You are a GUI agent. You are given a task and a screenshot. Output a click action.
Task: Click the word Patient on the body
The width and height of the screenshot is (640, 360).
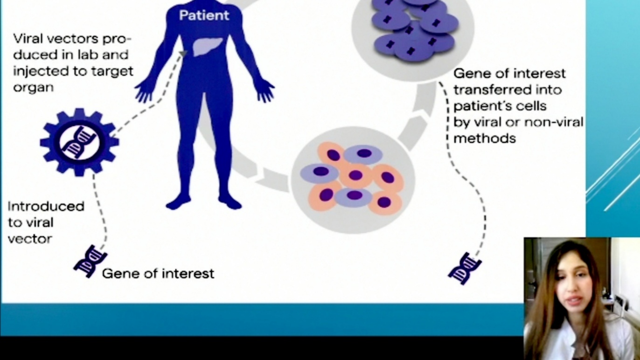pos(204,15)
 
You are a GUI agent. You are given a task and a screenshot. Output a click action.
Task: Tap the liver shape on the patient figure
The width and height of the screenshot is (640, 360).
pos(207,47)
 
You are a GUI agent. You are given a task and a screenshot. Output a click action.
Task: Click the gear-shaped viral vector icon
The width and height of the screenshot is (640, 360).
pos(79,142)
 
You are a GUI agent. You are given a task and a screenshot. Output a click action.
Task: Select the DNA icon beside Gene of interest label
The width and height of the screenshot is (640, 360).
pos(90,261)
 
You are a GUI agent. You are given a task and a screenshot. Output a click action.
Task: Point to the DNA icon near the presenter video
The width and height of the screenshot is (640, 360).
pos(465,268)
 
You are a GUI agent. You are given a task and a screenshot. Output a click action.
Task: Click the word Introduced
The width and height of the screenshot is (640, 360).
pos(46,206)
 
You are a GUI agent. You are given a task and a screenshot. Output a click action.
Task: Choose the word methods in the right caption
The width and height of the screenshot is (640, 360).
pos(485,138)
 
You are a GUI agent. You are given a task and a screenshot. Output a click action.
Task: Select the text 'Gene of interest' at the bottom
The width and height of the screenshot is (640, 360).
pos(158,273)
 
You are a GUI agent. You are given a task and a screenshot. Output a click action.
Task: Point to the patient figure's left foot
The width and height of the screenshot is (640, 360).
pos(178,202)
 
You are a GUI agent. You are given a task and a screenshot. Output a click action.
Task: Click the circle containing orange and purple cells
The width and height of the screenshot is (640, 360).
pos(353,180)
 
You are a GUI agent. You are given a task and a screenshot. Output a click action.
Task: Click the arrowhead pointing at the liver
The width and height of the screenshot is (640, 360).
pos(183,54)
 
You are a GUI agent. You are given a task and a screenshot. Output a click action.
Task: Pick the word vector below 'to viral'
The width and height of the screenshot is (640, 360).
pos(30,239)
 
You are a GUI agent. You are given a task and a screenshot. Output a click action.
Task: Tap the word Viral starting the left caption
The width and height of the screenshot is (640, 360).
pos(27,38)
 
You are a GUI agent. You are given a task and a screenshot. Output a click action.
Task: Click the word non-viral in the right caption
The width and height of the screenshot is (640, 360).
pos(554,122)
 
